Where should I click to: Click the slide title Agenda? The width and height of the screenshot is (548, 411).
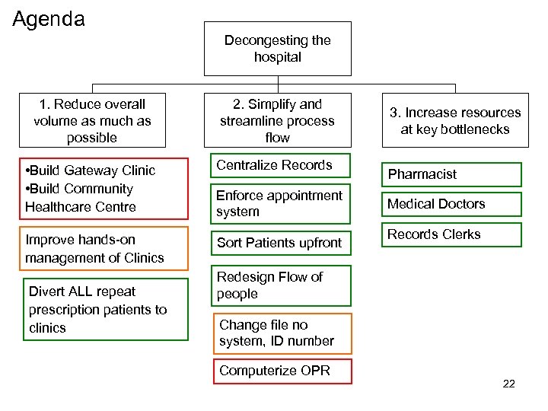tap(49, 18)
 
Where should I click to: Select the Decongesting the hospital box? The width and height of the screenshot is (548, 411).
tap(278, 49)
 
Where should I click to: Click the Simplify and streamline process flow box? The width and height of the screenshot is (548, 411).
tap(278, 120)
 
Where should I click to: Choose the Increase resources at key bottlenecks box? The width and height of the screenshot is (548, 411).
tap(455, 120)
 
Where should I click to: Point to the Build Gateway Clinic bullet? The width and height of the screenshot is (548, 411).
tap(90, 170)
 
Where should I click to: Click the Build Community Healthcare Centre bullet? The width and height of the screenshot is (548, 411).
tap(80, 198)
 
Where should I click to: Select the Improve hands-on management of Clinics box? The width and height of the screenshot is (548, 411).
tap(94, 249)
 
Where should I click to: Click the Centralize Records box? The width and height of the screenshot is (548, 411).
tap(278, 166)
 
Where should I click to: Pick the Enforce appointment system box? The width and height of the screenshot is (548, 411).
tap(279, 204)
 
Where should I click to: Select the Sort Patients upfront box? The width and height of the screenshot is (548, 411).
tap(279, 243)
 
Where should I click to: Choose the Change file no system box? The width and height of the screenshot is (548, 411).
tap(282, 333)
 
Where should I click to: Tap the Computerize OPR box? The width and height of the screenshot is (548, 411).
tap(274, 371)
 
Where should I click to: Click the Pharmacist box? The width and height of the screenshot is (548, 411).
tap(451, 174)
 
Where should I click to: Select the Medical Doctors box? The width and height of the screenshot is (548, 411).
tap(451, 204)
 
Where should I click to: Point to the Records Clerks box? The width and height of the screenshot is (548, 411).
tap(451, 234)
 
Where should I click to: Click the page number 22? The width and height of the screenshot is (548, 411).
tap(508, 384)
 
